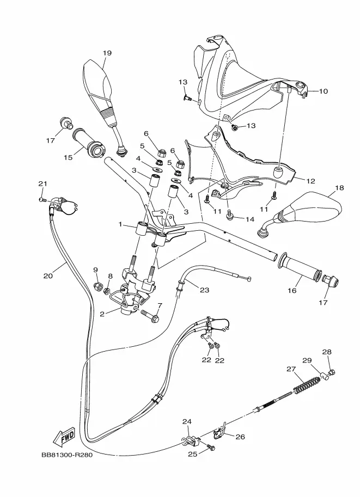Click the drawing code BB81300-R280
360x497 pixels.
(67, 455)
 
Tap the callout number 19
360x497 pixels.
(107, 53)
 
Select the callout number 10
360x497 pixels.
(323, 91)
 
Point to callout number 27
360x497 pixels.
(291, 369)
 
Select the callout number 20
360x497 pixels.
(48, 276)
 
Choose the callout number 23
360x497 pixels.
(205, 290)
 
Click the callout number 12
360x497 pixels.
(311, 181)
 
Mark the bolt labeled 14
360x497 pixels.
(229, 216)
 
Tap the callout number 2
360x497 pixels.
(102, 314)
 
